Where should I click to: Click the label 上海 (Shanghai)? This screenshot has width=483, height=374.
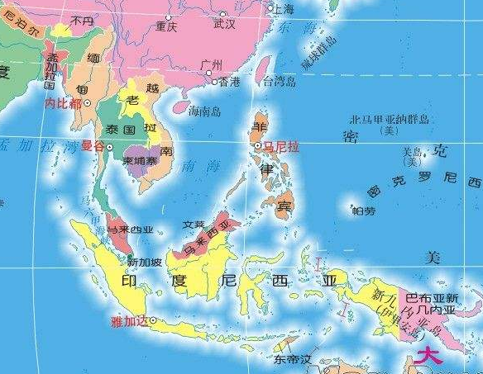[x=284, y=10]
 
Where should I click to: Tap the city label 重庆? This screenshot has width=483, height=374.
[x=166, y=27]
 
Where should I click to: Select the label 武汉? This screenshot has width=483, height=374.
[x=224, y=25]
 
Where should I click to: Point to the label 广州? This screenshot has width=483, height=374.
[x=212, y=65]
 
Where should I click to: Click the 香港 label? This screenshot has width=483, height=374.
[x=228, y=82]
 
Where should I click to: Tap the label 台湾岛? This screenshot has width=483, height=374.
[x=279, y=82]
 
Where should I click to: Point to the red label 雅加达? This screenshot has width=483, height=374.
[x=128, y=322]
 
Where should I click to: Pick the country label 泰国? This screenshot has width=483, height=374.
[x=121, y=130]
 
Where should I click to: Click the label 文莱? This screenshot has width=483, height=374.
[x=194, y=224]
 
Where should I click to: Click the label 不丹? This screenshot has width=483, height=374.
[x=82, y=21]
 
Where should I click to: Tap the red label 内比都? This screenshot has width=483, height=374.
[x=63, y=104]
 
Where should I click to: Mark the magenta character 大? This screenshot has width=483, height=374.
[x=430, y=357]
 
